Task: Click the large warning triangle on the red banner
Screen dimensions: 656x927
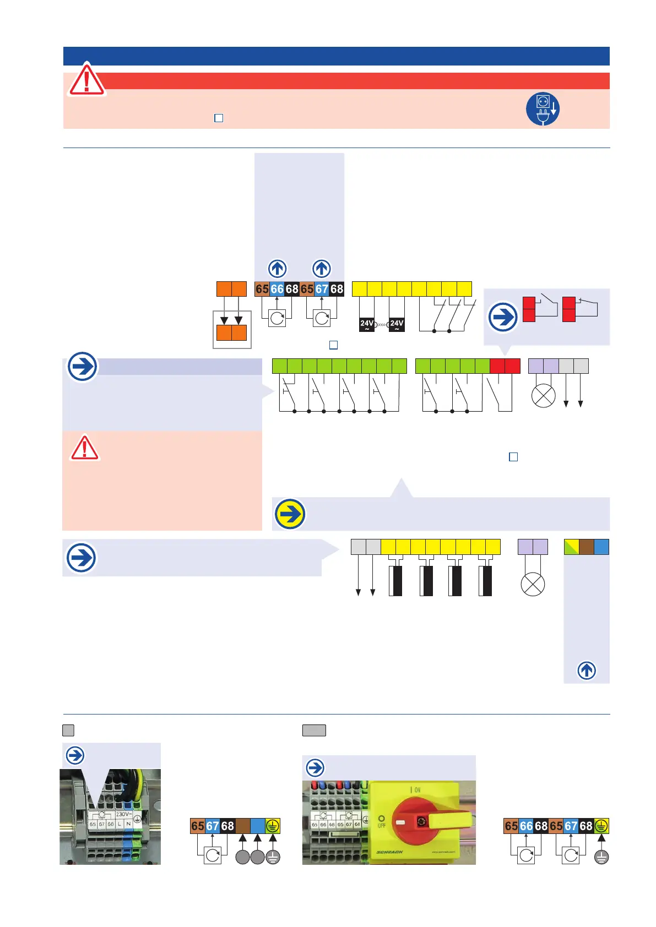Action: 86,80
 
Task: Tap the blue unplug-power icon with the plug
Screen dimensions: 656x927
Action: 543,108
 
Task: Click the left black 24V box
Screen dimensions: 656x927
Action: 367,324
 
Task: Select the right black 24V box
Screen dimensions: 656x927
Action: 397,324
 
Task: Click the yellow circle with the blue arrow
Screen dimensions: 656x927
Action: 290,514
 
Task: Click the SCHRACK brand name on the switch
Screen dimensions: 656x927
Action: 389,852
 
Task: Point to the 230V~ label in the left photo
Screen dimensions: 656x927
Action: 123,814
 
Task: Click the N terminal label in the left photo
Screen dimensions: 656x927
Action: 128,824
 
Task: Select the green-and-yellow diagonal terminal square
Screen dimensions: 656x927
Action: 571,547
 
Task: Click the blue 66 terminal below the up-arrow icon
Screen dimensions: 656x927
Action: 277,289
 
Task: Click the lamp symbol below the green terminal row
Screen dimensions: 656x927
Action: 543,396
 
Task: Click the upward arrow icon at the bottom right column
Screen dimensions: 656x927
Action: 587,670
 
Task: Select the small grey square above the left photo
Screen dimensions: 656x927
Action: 68,730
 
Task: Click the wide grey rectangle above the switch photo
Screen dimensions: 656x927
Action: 314,730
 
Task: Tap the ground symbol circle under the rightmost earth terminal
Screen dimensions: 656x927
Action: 601,857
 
